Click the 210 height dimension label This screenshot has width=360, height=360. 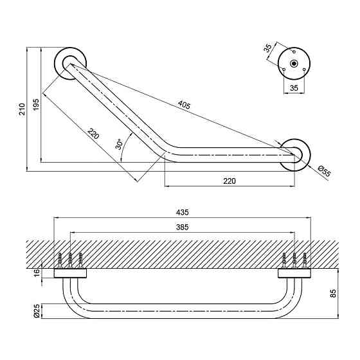click(x=22, y=109)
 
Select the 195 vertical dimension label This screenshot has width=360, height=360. click(x=36, y=105)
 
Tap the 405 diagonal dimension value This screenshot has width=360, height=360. click(x=184, y=105)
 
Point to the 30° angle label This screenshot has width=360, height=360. click(x=120, y=144)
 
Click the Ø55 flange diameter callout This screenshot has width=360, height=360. click(x=325, y=171)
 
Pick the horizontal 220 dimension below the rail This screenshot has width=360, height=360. click(x=230, y=181)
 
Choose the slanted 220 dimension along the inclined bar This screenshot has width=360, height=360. click(x=93, y=134)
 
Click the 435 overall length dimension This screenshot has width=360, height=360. click(x=183, y=212)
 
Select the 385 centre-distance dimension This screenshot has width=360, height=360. click(x=183, y=227)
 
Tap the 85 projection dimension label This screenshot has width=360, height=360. click(x=333, y=293)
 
